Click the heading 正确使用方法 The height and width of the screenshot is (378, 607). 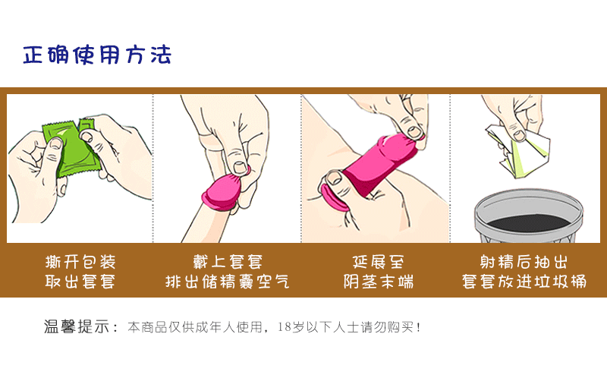96,55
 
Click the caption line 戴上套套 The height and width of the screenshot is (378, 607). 227,263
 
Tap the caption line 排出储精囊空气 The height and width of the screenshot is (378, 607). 227,282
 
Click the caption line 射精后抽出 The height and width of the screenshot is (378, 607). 524,263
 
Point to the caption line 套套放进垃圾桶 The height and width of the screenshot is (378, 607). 524,282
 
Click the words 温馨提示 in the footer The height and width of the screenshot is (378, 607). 75,328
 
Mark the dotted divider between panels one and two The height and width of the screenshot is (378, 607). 153,167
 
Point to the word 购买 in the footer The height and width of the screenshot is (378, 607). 400,328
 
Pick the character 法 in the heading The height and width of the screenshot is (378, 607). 161,55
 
